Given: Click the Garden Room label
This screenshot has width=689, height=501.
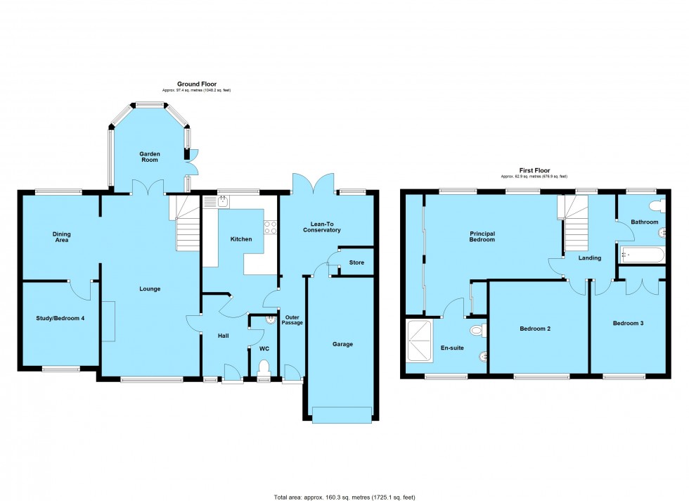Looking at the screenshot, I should (149, 157).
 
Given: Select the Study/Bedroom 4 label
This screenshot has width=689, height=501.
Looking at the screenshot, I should (60, 319).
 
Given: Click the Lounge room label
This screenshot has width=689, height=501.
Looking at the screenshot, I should (149, 288).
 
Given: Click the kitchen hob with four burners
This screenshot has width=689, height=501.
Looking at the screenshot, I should (269, 227).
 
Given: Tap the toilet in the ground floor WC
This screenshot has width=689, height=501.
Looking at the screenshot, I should (264, 368).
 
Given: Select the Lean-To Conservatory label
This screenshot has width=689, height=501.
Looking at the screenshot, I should (321, 227).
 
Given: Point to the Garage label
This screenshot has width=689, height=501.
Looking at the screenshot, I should (342, 344).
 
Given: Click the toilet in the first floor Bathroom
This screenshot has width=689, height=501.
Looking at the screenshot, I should (657, 205).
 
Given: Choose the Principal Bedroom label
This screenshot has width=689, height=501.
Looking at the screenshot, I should (482, 236).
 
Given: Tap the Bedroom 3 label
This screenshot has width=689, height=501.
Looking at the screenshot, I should (628, 324).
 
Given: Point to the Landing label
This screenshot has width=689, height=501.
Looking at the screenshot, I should (589, 258).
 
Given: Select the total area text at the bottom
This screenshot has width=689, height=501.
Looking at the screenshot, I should (344, 497).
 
